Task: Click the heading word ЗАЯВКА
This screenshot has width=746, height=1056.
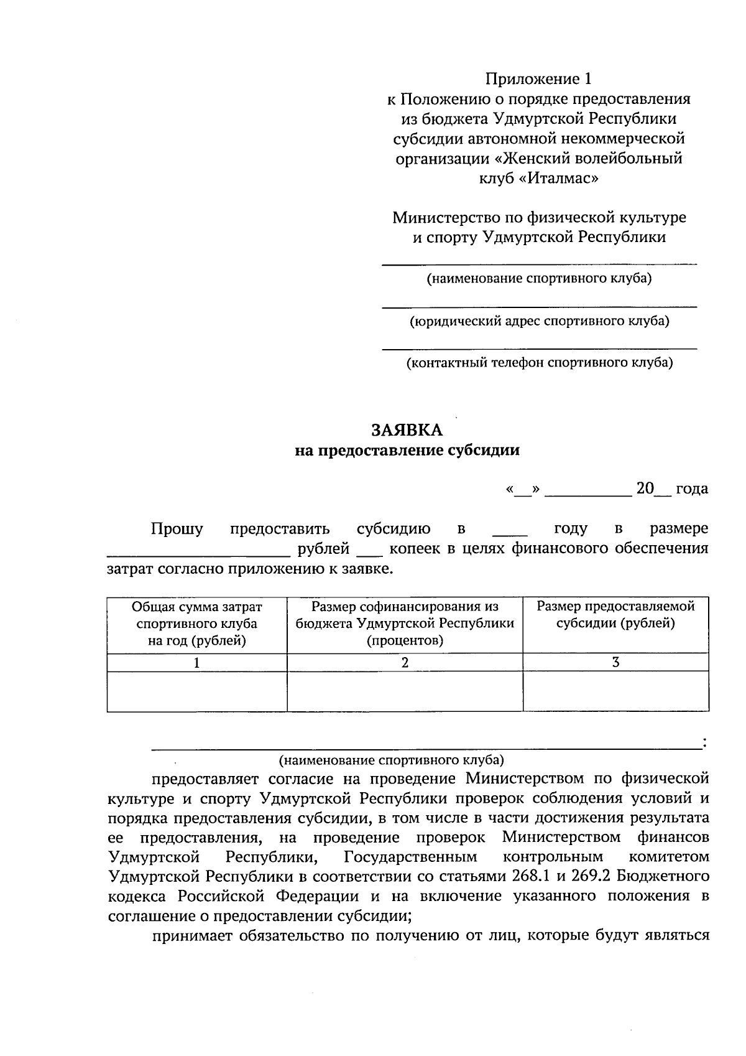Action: [x=408, y=430]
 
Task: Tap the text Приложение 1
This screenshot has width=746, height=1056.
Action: [x=539, y=79]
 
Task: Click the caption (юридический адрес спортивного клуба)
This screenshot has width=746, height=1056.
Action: [x=539, y=321]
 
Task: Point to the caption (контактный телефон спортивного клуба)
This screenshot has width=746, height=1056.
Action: [x=539, y=363]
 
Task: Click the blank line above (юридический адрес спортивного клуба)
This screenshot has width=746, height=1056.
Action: [x=539, y=305]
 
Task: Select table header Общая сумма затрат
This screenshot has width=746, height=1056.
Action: [x=196, y=607]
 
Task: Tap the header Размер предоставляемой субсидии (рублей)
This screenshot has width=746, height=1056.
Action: [x=615, y=615]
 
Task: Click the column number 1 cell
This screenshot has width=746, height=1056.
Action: [x=196, y=663]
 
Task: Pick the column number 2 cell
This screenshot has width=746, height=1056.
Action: [x=405, y=663]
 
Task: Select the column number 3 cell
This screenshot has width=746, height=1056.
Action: [x=615, y=663]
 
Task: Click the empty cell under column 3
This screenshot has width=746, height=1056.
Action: [x=615, y=691]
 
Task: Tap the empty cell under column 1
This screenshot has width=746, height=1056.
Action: [x=196, y=691]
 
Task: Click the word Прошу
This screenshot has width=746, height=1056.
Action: [x=177, y=530]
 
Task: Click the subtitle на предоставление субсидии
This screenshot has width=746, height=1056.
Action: [x=407, y=451]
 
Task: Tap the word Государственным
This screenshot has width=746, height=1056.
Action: [x=410, y=857]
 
